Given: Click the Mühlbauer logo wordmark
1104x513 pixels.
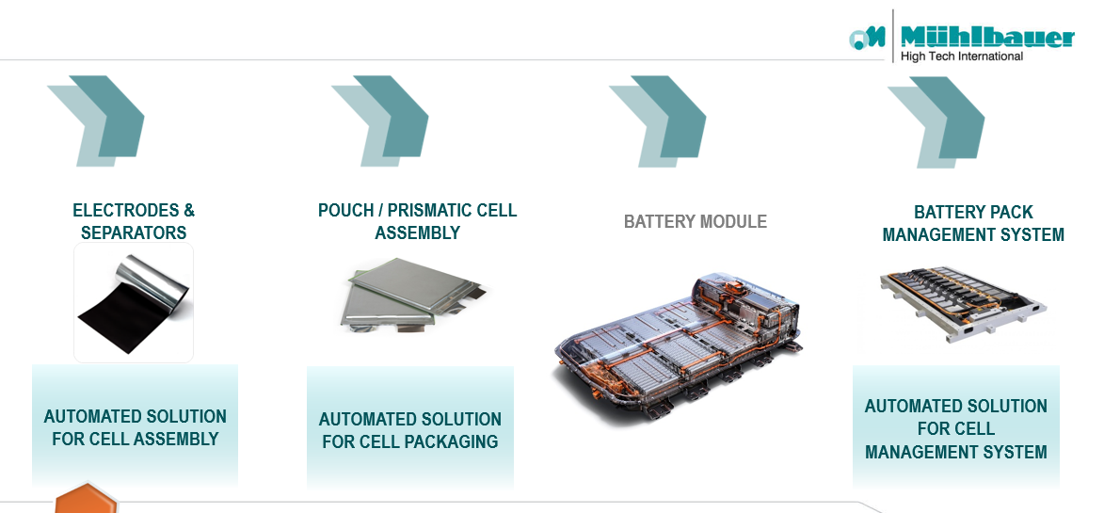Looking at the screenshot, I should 986,37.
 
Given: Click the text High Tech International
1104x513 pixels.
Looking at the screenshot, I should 961,56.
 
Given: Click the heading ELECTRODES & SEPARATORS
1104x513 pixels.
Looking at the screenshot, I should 134,221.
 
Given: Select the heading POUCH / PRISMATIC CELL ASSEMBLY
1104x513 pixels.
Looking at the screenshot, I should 417,221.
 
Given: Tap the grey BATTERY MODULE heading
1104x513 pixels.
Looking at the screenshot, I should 695,222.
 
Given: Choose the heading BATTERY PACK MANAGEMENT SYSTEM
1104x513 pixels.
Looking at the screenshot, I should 973,223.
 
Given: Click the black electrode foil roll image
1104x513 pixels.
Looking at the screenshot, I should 134,301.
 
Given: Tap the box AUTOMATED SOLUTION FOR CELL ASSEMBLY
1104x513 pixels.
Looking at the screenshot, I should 135,426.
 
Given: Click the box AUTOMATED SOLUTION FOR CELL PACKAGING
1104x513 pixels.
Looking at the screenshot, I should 409,429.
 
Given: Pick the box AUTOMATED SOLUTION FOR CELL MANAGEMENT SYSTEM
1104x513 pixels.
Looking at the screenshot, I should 955,428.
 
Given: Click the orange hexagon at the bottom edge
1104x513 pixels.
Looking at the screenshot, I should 86,499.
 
